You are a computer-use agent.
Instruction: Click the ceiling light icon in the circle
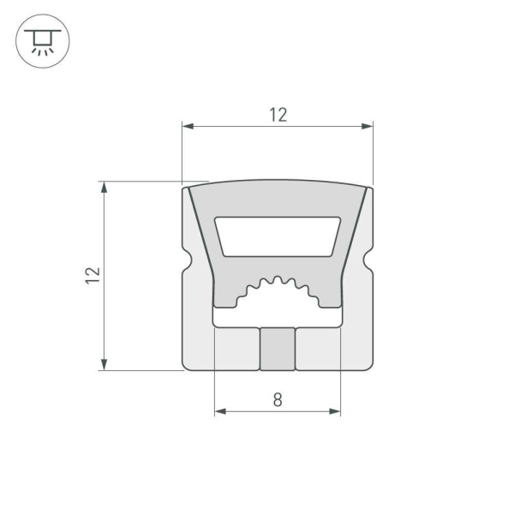click(x=39, y=39)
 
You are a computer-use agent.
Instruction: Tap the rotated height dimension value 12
click(x=93, y=275)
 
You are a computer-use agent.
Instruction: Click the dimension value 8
click(x=277, y=399)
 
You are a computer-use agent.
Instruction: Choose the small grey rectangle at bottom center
click(x=278, y=349)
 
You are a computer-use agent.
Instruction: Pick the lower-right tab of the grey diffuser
click(x=329, y=299)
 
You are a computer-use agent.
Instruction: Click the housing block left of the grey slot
click(x=236, y=349)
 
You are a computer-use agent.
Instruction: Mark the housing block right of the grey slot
click(x=319, y=349)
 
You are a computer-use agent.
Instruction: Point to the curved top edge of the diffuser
click(x=278, y=181)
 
